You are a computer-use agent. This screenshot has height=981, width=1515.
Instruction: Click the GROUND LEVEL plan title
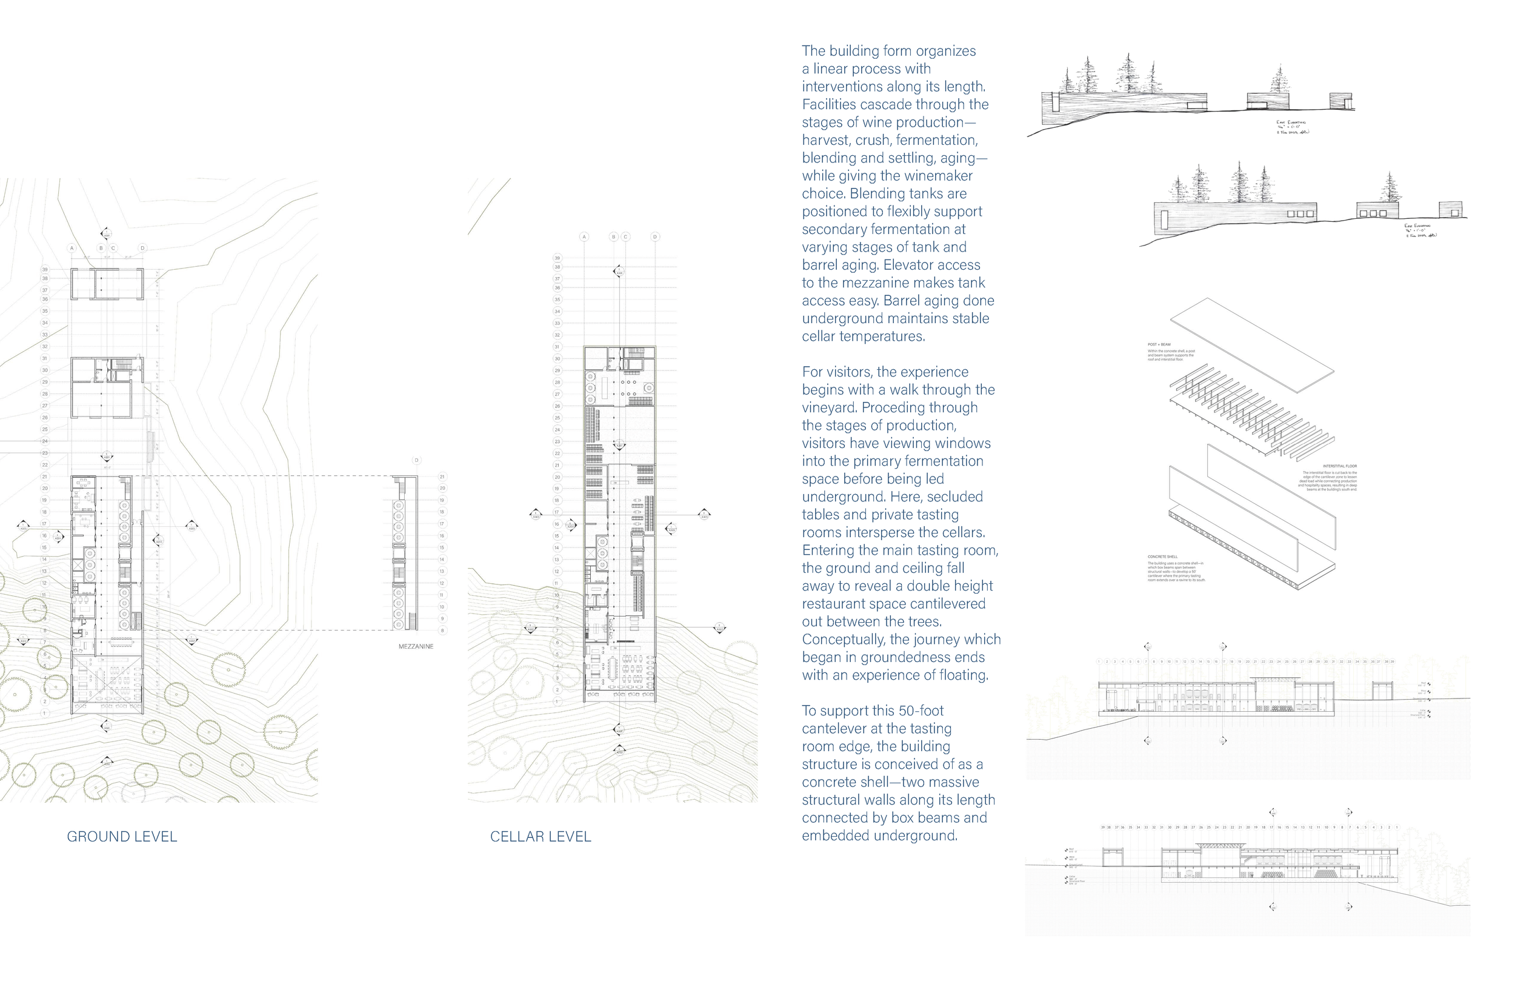point(122,837)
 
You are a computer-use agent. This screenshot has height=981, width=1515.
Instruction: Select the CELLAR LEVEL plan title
point(541,837)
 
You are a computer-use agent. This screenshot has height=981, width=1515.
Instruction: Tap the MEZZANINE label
point(416,646)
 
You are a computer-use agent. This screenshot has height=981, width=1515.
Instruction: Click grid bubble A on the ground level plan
point(72,249)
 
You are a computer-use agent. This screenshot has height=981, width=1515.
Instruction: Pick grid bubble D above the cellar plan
point(655,237)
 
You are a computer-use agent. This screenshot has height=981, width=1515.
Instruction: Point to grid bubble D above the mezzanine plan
point(416,461)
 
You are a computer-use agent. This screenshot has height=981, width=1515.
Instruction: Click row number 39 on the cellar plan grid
point(558,258)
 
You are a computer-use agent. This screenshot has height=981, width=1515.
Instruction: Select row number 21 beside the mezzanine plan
point(442,477)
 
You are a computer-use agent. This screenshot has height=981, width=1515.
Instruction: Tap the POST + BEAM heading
point(1159,344)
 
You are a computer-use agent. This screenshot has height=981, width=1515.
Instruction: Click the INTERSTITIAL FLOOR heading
point(1340,466)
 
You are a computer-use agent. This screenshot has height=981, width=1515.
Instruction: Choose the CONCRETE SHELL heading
point(1162,557)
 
